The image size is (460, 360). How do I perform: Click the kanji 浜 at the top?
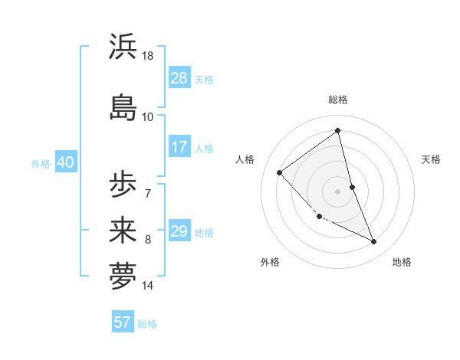pos(123,47)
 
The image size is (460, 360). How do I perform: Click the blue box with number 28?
pos(179,78)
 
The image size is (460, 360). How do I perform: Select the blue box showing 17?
pos(179,147)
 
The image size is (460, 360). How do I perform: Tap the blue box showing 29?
pos(179,231)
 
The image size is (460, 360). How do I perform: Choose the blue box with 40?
pos(65,162)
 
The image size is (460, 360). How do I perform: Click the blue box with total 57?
pos(123,322)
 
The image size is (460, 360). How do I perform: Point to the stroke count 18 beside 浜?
pos(149,56)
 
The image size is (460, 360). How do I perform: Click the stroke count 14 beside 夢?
pos(148,286)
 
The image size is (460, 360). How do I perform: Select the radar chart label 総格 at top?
pos(338,100)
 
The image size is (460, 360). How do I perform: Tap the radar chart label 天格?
pos(432,159)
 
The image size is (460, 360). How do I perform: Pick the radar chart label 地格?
pos(402,262)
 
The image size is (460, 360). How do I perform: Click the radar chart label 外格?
pos(270,262)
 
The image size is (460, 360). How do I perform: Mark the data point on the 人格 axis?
pos(280,172)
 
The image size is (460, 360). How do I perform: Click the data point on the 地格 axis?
pos(374,242)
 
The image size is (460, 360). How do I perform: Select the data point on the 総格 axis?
pos(338,131)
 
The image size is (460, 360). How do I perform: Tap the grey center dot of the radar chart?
pos(338,191)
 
